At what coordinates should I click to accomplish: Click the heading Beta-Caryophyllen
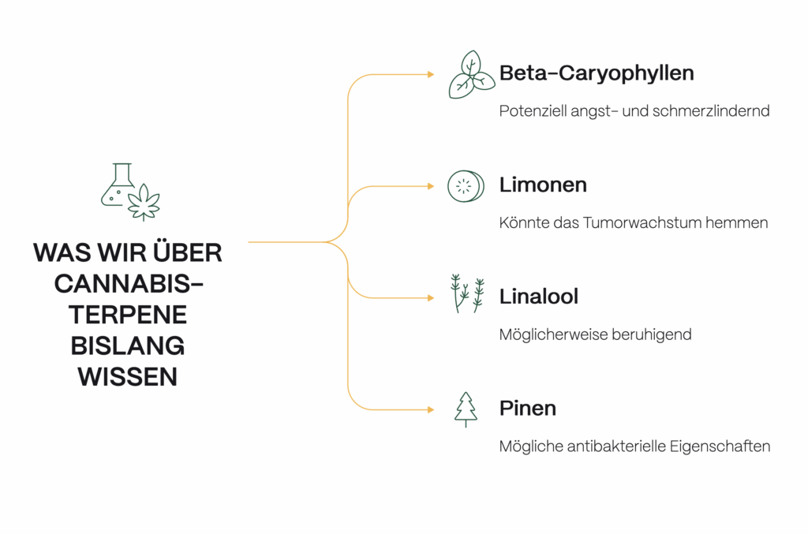(x=596, y=73)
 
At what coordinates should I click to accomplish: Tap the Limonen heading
(x=543, y=185)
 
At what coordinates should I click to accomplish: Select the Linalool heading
(x=539, y=297)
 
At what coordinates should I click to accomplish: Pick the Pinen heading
(x=528, y=409)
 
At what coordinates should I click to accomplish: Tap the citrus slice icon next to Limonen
(x=464, y=186)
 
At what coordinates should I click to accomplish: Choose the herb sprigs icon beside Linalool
(x=466, y=293)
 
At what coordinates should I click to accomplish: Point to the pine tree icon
(x=466, y=409)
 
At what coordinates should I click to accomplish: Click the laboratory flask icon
(x=118, y=185)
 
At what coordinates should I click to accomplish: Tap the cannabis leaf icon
(x=144, y=203)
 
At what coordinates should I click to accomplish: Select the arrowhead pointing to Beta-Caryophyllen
(x=430, y=74)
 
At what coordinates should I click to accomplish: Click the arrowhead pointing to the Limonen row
(x=430, y=186)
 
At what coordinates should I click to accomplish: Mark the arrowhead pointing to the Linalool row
(x=430, y=298)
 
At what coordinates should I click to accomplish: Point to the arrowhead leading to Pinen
(x=430, y=409)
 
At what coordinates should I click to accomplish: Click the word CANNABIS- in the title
(x=128, y=283)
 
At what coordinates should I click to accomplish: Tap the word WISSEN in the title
(x=128, y=377)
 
